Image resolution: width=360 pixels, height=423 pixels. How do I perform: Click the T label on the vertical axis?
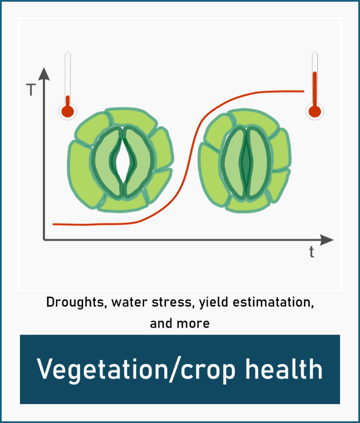31,90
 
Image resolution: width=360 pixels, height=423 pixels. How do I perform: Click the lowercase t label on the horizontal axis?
312,252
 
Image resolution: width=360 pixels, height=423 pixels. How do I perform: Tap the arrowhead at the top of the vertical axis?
44,74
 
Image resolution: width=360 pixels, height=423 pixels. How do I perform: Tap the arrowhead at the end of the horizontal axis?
327,240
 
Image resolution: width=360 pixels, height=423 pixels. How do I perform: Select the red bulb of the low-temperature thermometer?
67,111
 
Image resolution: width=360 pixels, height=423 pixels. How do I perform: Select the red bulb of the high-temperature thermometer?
315,111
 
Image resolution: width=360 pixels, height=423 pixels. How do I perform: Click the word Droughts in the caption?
75,302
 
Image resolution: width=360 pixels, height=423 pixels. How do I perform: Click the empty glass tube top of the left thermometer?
68,73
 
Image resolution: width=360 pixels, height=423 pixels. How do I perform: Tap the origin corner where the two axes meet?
44,240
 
